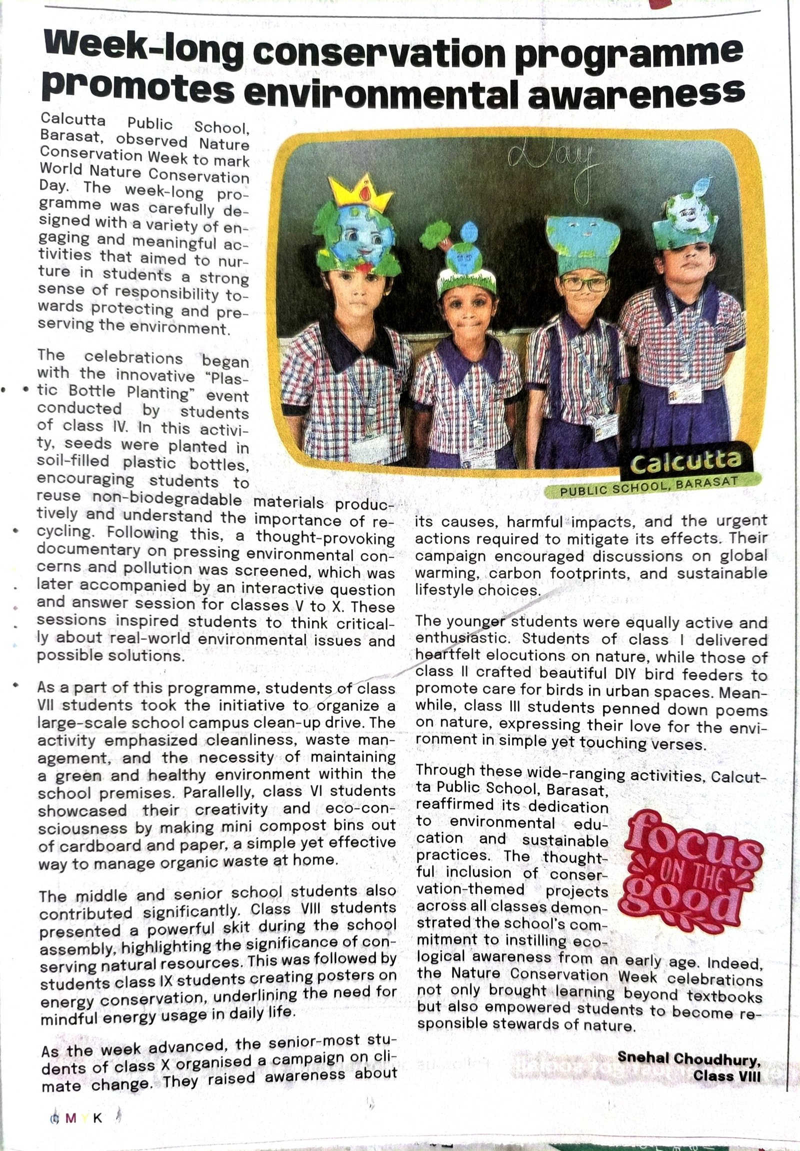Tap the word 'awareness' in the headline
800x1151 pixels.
[x=635, y=93]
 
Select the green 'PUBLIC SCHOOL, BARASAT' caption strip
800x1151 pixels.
[x=649, y=486]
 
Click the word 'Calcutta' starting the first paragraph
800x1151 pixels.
[x=72, y=120]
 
